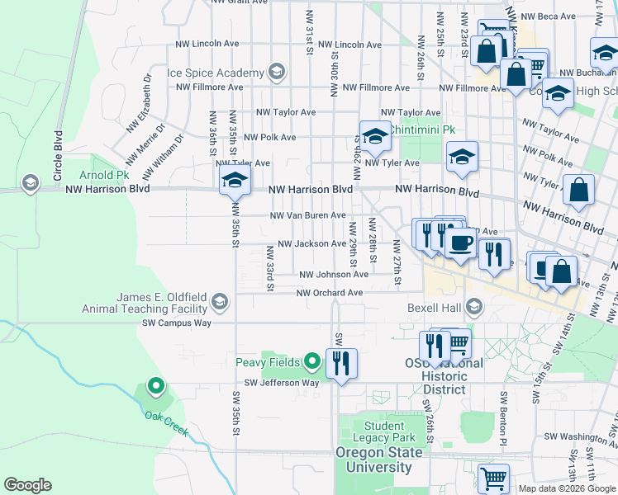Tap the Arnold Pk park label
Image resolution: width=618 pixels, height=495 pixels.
(104, 176)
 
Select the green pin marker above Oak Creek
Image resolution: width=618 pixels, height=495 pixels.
(154, 385)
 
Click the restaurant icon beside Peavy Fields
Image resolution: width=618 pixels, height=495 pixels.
(341, 362)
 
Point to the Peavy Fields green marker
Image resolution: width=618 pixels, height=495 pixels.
(312, 361)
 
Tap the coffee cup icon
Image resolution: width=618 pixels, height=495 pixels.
(461, 243)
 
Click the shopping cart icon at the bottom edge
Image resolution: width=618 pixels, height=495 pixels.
(493, 478)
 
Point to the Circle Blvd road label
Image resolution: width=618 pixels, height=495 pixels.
(58, 156)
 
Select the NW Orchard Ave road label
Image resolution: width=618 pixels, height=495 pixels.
(330, 293)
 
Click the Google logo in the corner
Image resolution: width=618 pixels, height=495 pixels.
(27, 485)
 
